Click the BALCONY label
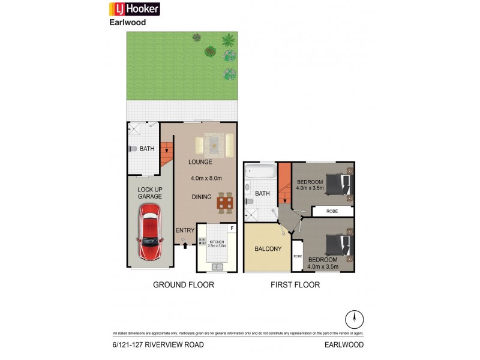(268, 249)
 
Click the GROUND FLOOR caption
(184, 284)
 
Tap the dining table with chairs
(225, 203)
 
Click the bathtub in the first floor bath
(260, 176)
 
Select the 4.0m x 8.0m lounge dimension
(206, 178)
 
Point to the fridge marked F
(231, 229)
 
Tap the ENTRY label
(185, 230)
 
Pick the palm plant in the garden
(228, 41)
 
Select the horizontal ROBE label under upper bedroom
(332, 211)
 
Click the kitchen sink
(218, 266)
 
